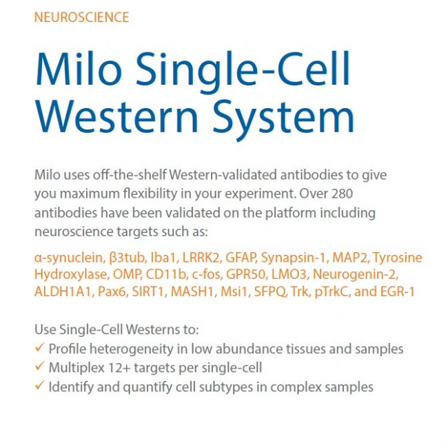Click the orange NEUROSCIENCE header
(81, 17)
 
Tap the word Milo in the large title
(79, 69)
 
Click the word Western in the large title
(116, 116)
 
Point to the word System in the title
(283, 120)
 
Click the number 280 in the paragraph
(342, 194)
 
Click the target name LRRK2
(202, 258)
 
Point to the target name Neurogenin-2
(356, 275)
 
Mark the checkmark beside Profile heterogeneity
(40, 347)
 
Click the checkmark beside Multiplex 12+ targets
(40, 366)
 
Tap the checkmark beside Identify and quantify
(40, 386)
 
